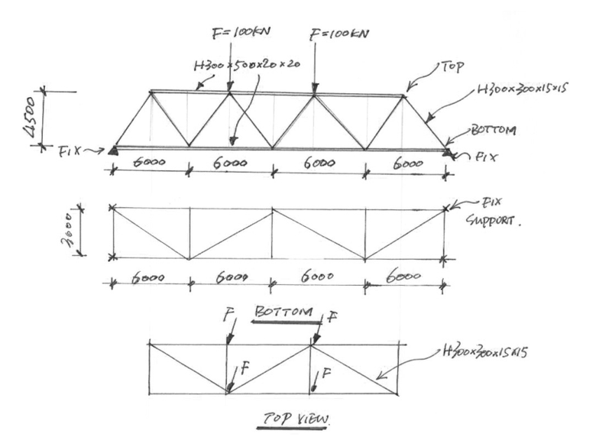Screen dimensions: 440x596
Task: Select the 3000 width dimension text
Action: tap(68, 232)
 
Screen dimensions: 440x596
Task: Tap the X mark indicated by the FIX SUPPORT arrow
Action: tap(445, 208)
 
